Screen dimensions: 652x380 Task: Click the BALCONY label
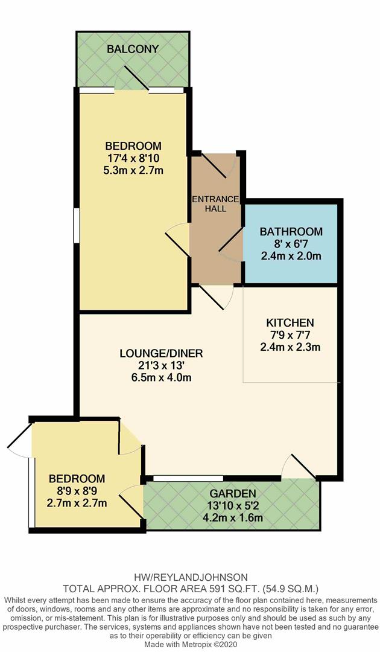[x=133, y=49]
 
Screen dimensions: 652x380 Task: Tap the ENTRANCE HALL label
[x=215, y=204]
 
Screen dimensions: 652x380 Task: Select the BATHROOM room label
[x=291, y=232]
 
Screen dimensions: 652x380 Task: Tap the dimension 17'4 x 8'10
[x=133, y=158]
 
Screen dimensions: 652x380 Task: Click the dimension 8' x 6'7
[x=291, y=244]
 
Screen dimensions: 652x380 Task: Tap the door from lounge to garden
[x=300, y=467]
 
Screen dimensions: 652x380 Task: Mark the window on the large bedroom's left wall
[x=76, y=226]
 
